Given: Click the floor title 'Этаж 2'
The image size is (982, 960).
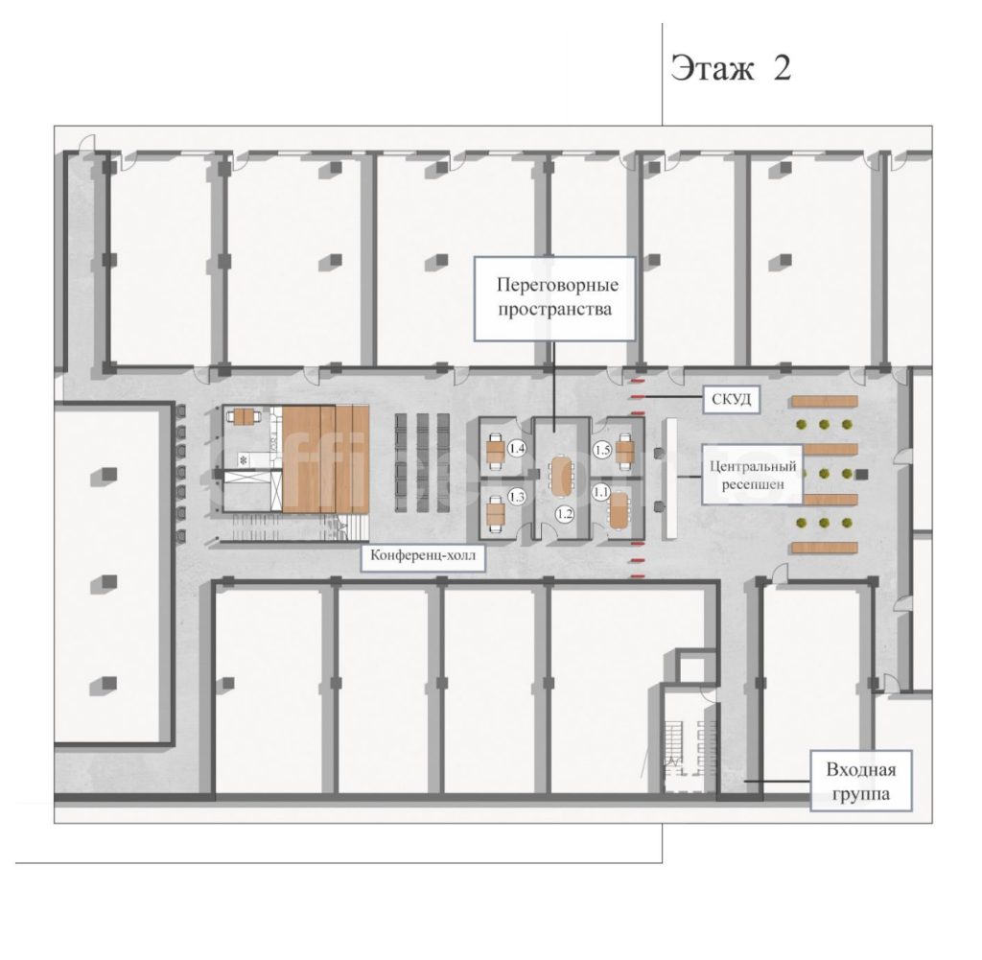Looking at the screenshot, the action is click(730, 68).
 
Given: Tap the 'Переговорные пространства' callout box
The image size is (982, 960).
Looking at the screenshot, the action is click(554, 298).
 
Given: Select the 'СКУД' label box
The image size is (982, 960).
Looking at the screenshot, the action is click(731, 399).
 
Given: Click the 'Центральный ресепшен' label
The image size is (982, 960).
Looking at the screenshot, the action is click(752, 475).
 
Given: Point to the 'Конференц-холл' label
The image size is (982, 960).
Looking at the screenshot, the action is click(423, 556).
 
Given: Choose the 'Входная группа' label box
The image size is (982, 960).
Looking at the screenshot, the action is click(860, 781).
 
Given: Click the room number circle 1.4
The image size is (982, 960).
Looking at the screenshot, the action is click(517, 449).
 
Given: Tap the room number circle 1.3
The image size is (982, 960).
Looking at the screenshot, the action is click(517, 497).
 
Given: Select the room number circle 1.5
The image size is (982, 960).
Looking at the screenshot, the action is click(602, 450).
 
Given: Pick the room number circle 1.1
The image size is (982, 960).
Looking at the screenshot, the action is click(601, 492).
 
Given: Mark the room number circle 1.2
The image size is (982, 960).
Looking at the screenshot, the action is click(565, 514).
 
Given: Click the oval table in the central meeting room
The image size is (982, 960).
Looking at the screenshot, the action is click(561, 476).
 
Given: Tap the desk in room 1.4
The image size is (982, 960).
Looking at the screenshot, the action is click(496, 451).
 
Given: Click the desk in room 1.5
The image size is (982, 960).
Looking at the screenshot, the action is click(625, 451).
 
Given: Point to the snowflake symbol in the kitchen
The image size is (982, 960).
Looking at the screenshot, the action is click(244, 460).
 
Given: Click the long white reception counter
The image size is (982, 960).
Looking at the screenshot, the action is click(671, 478).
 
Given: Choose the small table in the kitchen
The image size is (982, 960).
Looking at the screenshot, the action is click(244, 416).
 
